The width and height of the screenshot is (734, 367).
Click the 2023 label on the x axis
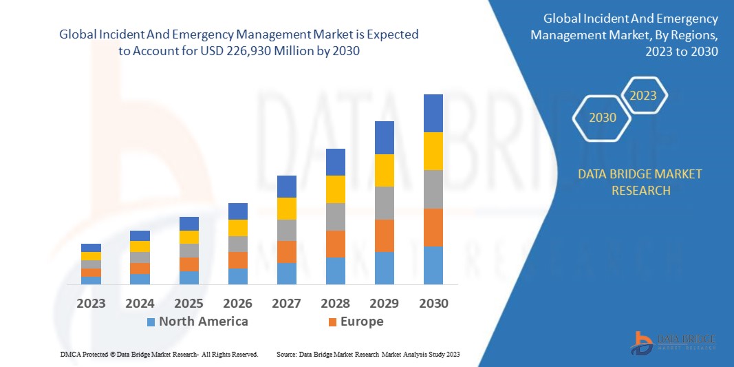pos(91,303)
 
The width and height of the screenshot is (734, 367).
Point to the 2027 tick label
pos(286,303)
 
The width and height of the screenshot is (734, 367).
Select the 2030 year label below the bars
pos(433,303)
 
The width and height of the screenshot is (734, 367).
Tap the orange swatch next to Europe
pos(333,322)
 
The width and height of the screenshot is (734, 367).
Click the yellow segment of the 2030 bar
pos(433,151)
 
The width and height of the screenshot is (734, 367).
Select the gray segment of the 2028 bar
pos(335,216)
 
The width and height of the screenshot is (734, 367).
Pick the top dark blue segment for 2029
pos(384,138)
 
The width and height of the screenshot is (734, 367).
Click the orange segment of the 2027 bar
pos(286,252)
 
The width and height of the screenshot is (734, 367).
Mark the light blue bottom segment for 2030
pos(433,265)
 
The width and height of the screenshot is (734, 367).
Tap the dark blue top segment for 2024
pos(140,235)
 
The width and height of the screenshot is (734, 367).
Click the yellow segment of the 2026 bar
pos(237,228)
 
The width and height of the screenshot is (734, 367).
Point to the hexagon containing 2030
pos(603,118)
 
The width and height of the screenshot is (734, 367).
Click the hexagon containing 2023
pos(643,96)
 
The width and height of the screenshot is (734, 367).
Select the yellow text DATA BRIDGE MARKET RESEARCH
pos(640,182)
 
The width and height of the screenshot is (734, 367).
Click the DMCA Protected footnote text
pos(158,354)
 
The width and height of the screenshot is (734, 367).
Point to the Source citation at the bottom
pos(367,354)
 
